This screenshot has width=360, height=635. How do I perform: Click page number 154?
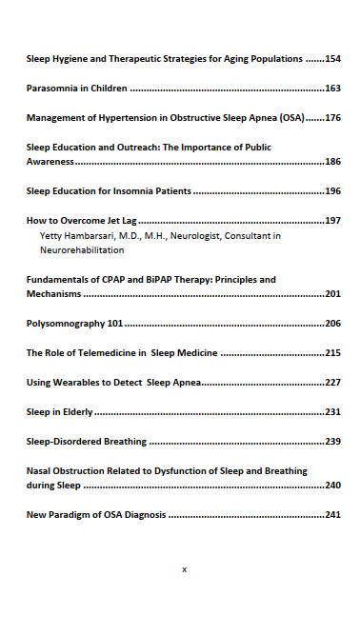(332, 59)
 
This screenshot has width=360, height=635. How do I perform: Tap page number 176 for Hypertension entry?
(332, 118)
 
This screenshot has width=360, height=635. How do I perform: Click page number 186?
(332, 163)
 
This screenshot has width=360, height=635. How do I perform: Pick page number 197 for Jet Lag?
(332, 221)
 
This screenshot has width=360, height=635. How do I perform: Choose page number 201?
(332, 294)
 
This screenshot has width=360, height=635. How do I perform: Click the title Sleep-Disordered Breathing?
(87, 442)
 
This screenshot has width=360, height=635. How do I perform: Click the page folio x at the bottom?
(184, 568)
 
